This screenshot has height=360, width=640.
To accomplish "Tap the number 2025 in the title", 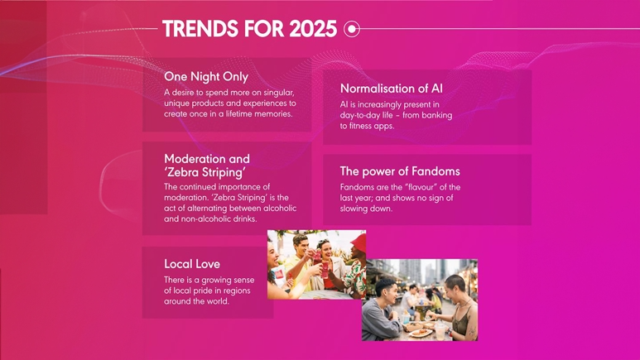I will click(313, 29).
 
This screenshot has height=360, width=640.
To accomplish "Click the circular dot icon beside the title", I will click(352, 29).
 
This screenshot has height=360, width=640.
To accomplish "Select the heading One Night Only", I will click(206, 76).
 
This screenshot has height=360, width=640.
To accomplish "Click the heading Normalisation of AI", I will click(392, 88).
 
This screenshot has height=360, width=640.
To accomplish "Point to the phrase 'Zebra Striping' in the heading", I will click(205, 172).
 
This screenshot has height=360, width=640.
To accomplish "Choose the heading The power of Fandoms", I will click(400, 171).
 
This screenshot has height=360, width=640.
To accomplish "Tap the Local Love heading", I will click(192, 264).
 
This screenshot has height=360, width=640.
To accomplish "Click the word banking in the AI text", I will click(436, 115).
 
